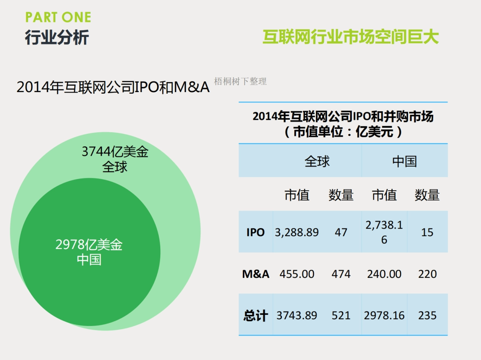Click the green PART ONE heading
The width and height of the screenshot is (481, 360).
(x=58, y=18)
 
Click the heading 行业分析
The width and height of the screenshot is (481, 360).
(x=57, y=38)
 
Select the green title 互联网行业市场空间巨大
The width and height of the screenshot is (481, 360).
(x=351, y=37)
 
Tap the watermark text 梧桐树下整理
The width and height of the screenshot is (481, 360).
(x=240, y=82)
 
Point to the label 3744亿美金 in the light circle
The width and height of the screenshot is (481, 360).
(x=115, y=152)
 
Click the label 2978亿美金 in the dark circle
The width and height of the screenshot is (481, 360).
(x=89, y=245)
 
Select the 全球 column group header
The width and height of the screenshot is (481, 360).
(x=317, y=161)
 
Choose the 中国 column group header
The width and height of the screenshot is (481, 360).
(x=404, y=161)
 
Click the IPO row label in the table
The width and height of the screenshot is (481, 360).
(x=255, y=232)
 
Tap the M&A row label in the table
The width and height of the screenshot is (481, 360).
(x=255, y=274)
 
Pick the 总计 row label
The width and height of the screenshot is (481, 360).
(x=255, y=316)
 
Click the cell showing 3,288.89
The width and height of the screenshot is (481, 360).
(x=297, y=232)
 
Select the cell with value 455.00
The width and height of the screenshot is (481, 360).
(x=297, y=274)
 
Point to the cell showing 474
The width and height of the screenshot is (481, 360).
(x=341, y=274)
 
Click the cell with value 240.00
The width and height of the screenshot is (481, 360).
(x=384, y=274)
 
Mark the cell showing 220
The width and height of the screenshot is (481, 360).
(x=427, y=274)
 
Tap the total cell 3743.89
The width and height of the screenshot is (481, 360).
(x=297, y=316)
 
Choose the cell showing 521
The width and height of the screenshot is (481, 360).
(x=341, y=316)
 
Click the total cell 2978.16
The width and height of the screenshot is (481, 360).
(x=384, y=316)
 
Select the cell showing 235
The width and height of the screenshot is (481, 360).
(x=427, y=316)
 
